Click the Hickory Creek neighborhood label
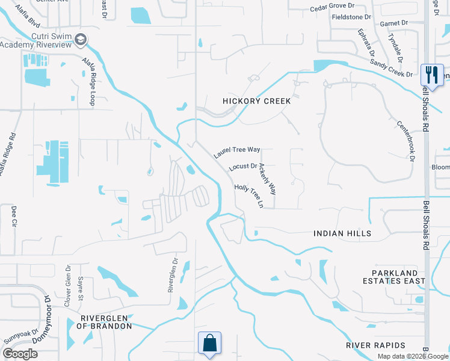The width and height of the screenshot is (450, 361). pos(256,101)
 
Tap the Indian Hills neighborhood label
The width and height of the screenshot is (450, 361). pos(342,233)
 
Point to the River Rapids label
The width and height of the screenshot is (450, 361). pos(375,345)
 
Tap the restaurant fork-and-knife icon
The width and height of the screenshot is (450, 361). pos(432,75)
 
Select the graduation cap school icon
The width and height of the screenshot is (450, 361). pos(81,40)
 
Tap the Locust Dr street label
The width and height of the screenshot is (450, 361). pos(243,166)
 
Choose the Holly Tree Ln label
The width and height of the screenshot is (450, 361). pos(249,196)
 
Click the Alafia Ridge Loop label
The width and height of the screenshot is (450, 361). pos(88,86)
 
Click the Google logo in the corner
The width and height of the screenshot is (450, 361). pos(20,354)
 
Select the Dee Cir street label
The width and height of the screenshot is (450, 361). pos(14,217)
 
